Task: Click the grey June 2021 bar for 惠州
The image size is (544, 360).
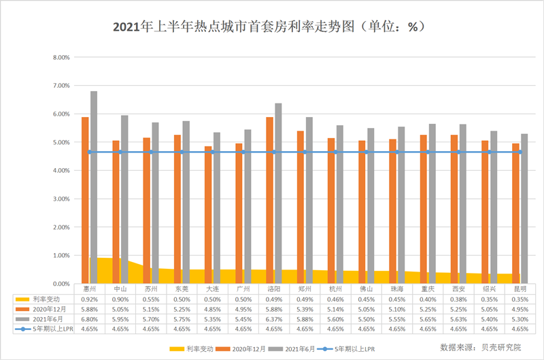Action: [x=94, y=187]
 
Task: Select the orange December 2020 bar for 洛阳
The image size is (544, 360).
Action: [x=270, y=200]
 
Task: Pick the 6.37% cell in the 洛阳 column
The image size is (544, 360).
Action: [x=274, y=318]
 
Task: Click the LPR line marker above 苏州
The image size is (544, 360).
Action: [x=151, y=152]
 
